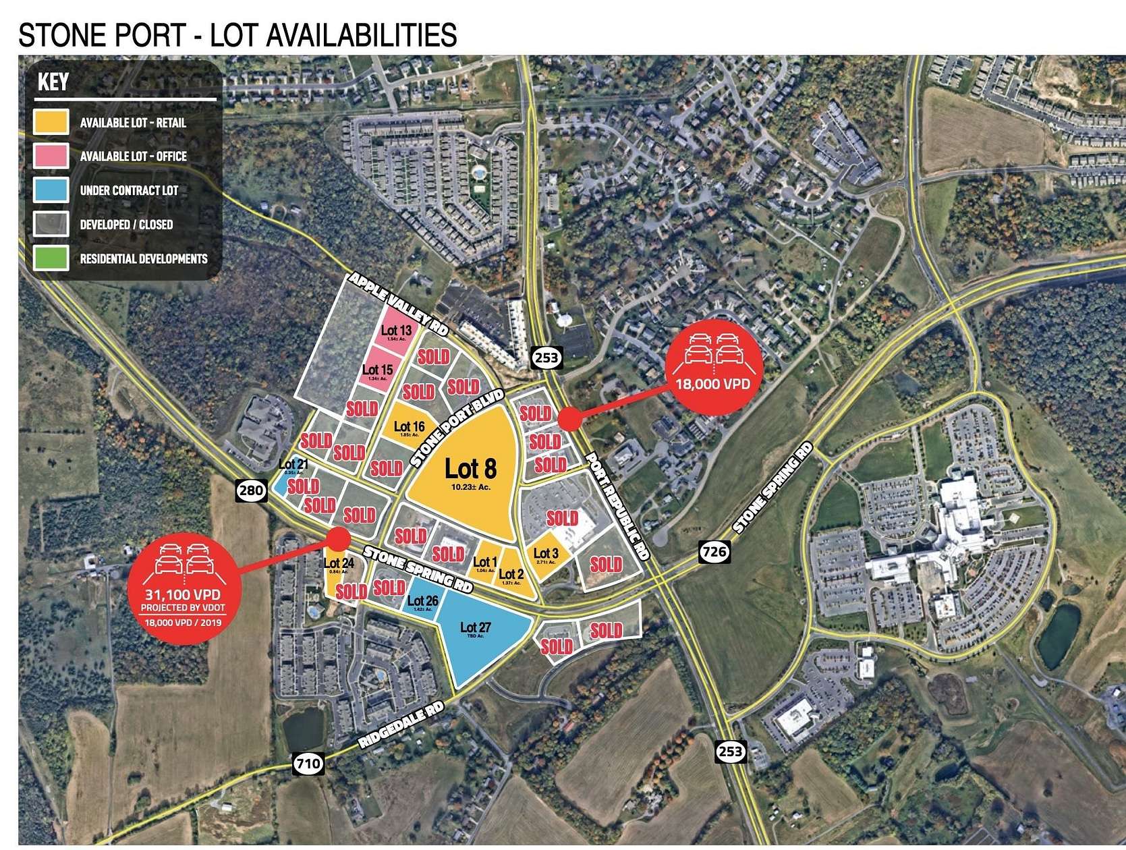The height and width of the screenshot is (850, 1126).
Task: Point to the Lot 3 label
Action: click(x=545, y=554)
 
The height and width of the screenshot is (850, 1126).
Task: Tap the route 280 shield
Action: click(x=250, y=490)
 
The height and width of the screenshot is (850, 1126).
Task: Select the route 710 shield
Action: click(x=308, y=764)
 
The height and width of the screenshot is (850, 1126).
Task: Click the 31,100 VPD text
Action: click(x=184, y=594)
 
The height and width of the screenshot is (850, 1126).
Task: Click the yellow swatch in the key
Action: click(x=51, y=122)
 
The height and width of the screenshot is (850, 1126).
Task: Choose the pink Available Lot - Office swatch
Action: click(x=51, y=156)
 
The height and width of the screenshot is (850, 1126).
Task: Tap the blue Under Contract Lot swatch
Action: click(x=51, y=190)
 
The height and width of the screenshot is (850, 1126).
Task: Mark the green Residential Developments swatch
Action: click(x=51, y=258)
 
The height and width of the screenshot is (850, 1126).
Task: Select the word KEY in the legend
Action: click(x=53, y=82)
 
